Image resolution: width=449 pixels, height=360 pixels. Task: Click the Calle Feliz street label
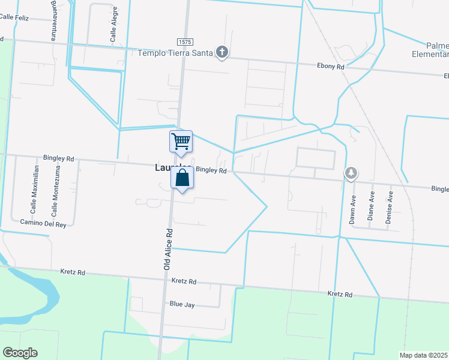point(14,18)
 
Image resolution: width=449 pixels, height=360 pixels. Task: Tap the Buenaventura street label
point(55,20)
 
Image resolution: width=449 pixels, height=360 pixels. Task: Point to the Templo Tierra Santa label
point(175,53)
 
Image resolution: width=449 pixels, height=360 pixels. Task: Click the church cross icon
point(222,53)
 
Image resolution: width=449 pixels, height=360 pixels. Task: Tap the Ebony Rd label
point(331,66)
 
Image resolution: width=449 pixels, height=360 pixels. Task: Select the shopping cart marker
point(181,142)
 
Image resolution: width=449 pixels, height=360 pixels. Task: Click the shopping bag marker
point(182,178)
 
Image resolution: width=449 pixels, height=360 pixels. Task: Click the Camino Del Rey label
point(38,223)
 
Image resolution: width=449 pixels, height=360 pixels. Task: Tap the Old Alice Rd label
point(169,248)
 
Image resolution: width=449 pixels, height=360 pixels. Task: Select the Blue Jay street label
point(182,305)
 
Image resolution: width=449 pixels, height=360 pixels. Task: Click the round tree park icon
point(351,173)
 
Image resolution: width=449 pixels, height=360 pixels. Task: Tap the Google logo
point(20,353)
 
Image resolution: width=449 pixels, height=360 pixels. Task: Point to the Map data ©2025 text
point(423,355)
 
